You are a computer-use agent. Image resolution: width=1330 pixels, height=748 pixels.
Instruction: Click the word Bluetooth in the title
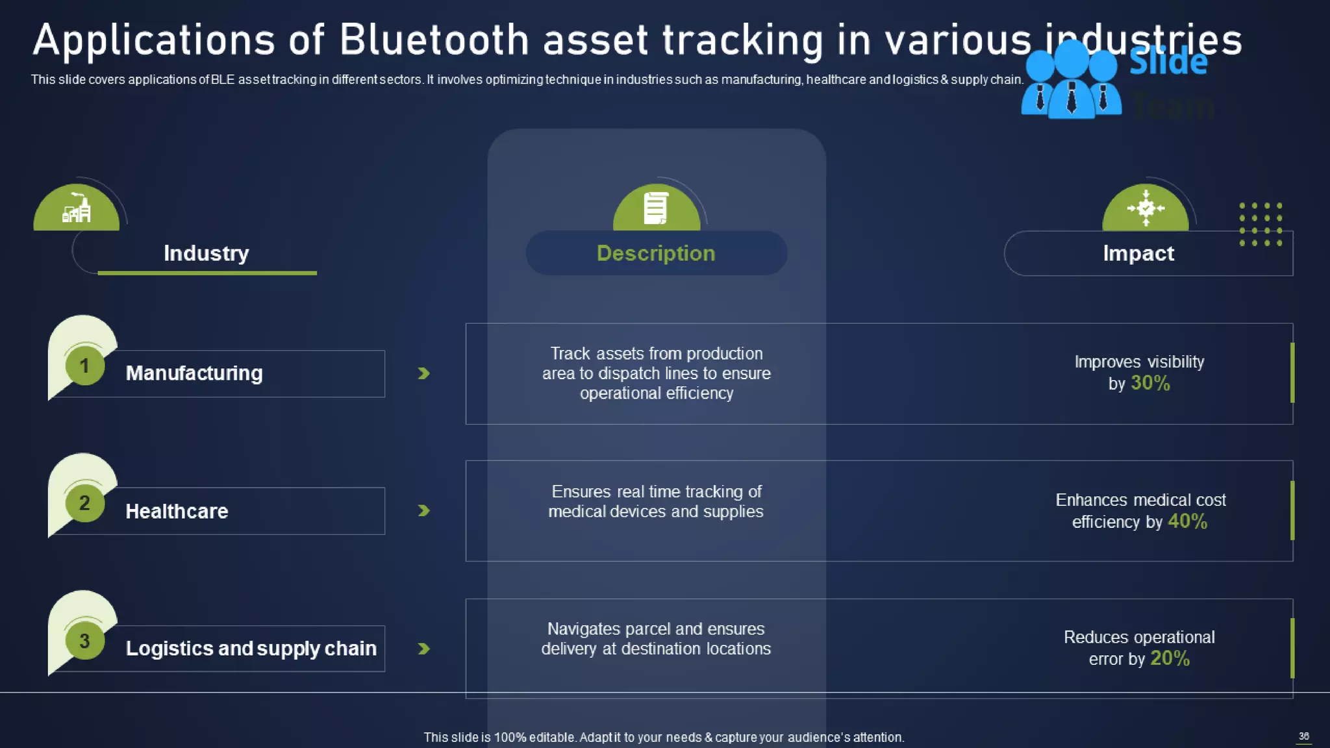click(434, 40)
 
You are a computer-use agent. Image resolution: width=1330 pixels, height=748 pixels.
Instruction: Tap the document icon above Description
click(655, 208)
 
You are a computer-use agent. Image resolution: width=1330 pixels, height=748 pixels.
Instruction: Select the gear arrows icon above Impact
click(1146, 208)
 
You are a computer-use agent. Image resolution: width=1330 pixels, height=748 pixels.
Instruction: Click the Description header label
click(656, 253)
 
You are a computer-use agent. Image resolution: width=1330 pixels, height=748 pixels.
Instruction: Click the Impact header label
click(1138, 253)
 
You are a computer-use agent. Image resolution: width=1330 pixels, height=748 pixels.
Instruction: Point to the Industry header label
click(206, 253)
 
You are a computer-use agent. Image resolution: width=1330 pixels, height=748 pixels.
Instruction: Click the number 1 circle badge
click(84, 366)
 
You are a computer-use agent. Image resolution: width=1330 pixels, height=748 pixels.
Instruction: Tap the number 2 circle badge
click(84, 503)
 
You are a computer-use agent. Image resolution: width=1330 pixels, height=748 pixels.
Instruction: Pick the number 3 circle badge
click(84, 641)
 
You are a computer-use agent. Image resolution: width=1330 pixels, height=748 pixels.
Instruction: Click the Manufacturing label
click(194, 373)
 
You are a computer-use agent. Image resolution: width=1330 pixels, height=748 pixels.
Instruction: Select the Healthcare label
click(177, 511)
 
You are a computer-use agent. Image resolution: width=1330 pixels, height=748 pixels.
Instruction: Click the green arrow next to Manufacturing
click(423, 373)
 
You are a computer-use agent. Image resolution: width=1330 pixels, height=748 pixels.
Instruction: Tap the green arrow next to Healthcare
click(423, 511)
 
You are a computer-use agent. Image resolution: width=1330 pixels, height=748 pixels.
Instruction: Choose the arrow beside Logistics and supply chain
click(423, 649)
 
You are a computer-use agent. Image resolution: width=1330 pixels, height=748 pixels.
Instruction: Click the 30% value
click(1150, 383)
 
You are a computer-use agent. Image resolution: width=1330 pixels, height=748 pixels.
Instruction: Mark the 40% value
click(1187, 521)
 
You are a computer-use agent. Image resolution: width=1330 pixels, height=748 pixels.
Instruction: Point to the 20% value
click(1170, 658)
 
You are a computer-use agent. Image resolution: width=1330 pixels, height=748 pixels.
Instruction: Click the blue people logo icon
click(1071, 81)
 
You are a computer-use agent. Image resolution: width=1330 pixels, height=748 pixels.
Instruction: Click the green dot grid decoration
click(1260, 224)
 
